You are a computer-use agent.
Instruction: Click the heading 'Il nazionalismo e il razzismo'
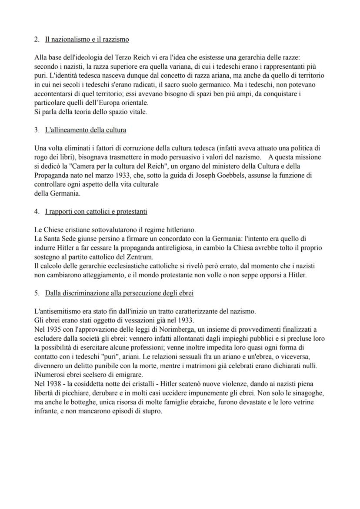tap(87, 40)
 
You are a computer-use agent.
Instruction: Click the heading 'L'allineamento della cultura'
tap(86, 130)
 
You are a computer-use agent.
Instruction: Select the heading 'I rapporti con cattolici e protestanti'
tap(96, 212)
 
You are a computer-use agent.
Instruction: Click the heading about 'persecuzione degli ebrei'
tap(119, 293)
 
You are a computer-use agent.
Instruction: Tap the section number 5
tap(36, 293)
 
